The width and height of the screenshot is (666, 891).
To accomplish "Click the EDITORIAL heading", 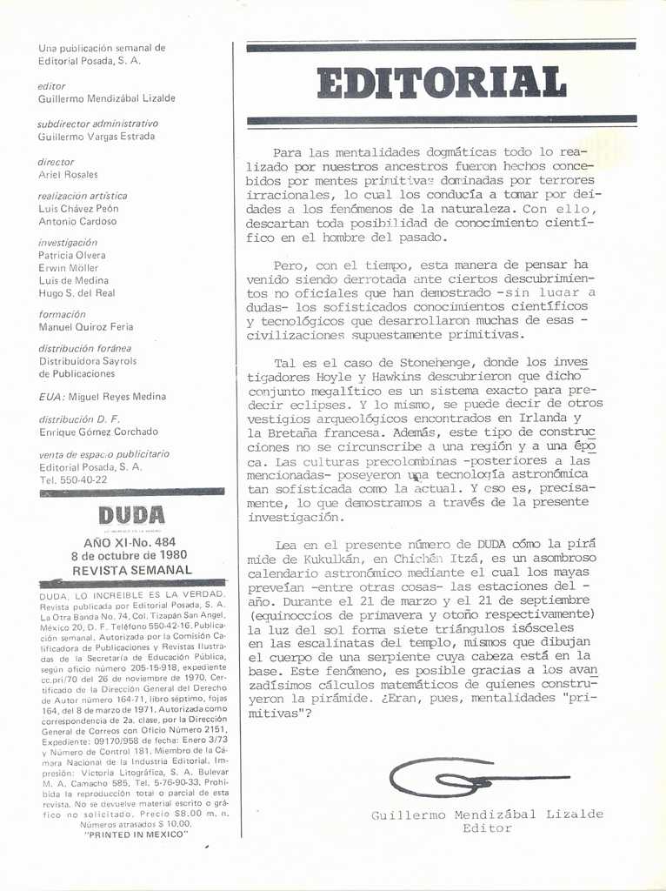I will click(x=442, y=84).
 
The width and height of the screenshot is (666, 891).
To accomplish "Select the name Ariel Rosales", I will click(x=69, y=174).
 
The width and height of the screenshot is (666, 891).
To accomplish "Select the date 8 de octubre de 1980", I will click(x=130, y=555).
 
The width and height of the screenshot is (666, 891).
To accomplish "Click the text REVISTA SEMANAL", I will click(x=131, y=570).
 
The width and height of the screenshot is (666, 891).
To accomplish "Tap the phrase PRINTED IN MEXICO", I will click(x=137, y=834).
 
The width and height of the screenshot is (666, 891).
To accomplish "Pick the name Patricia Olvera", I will click(x=72, y=255).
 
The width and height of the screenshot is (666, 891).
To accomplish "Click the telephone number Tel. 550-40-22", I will click(x=73, y=479).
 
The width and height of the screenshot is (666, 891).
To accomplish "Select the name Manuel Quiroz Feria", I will click(x=86, y=327).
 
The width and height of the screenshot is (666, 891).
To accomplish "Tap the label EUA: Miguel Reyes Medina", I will click(x=102, y=397).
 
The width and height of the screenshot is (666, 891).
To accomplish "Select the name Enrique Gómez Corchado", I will click(x=98, y=432).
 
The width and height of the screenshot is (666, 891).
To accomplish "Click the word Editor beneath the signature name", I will click(x=487, y=828).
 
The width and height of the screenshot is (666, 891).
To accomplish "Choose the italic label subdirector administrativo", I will click(x=97, y=124).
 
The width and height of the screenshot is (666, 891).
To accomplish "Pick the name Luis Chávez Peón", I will click(x=78, y=209).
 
